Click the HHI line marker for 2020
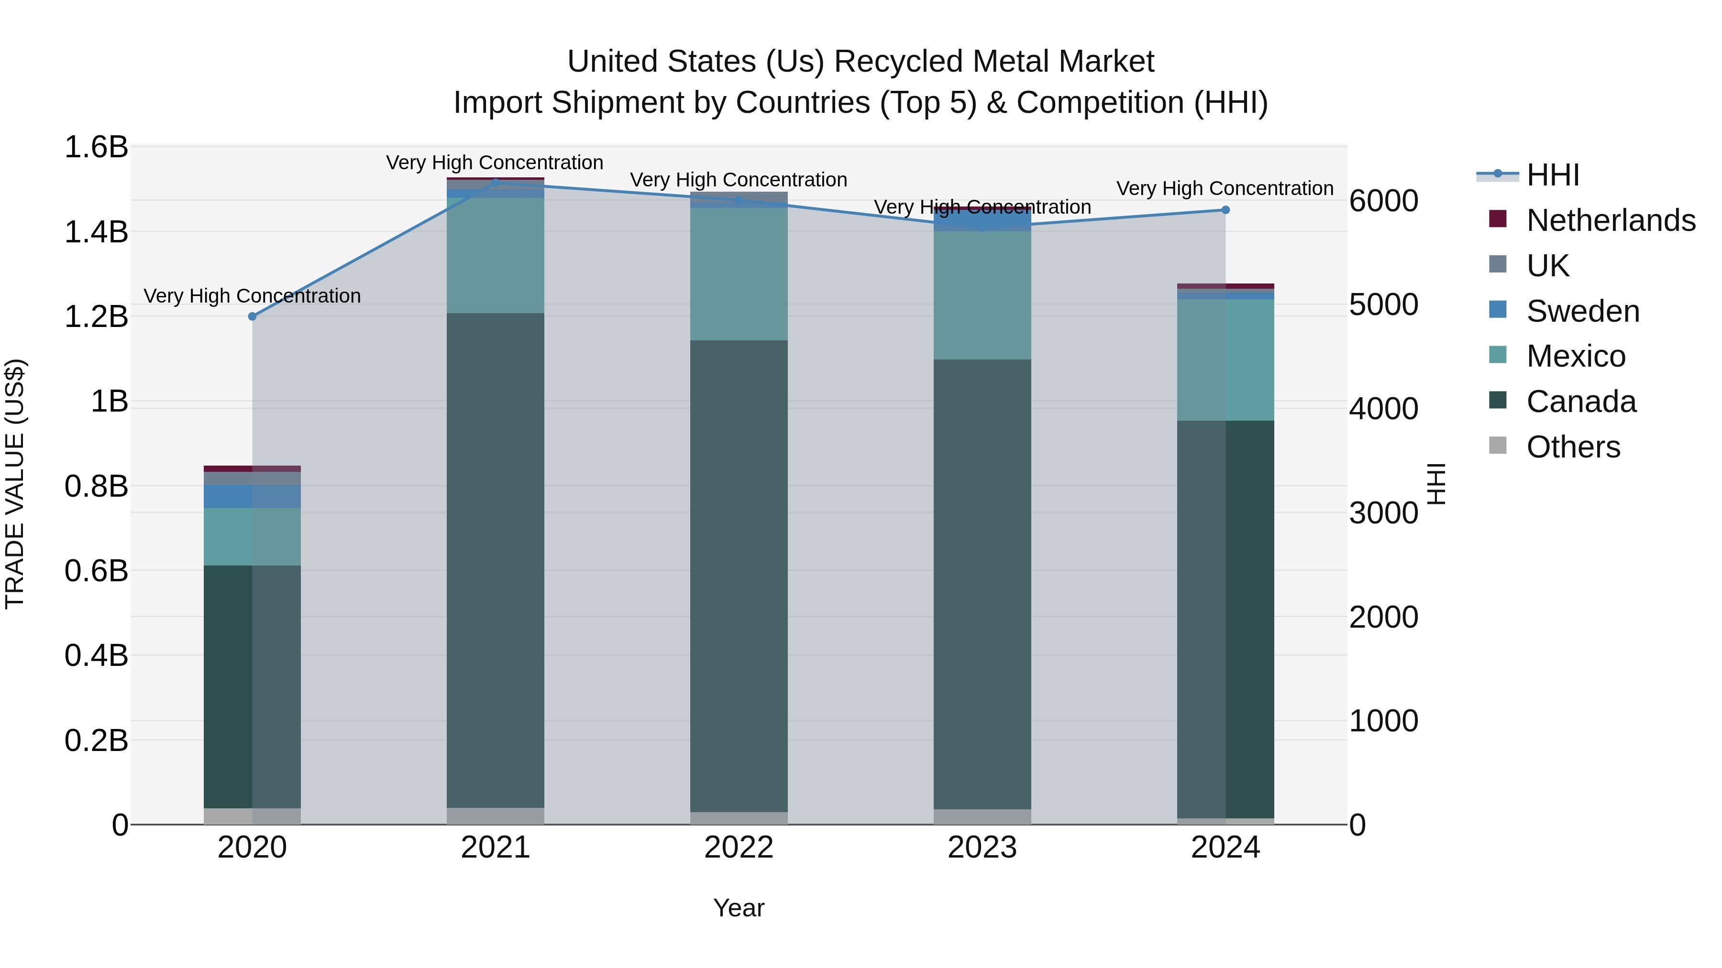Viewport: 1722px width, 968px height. click(252, 316)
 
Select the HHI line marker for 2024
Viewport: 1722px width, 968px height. click(1225, 210)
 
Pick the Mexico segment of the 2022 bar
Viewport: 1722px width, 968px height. click(739, 274)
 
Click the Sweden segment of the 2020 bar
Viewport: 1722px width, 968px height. click(252, 496)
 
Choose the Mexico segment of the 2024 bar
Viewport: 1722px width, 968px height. click(1225, 359)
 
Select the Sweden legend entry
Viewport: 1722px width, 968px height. click(1582, 311)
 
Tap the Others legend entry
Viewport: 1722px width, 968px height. click(1572, 447)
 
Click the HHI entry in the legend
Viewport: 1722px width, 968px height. click(1552, 175)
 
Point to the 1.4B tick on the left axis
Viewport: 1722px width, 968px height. click(96, 232)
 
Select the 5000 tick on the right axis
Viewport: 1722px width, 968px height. click(1383, 305)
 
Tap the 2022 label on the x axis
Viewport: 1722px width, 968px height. click(739, 848)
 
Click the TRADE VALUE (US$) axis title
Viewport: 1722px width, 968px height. click(15, 484)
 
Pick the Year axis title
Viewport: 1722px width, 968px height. click(739, 908)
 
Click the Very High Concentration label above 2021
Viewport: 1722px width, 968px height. click(495, 163)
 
